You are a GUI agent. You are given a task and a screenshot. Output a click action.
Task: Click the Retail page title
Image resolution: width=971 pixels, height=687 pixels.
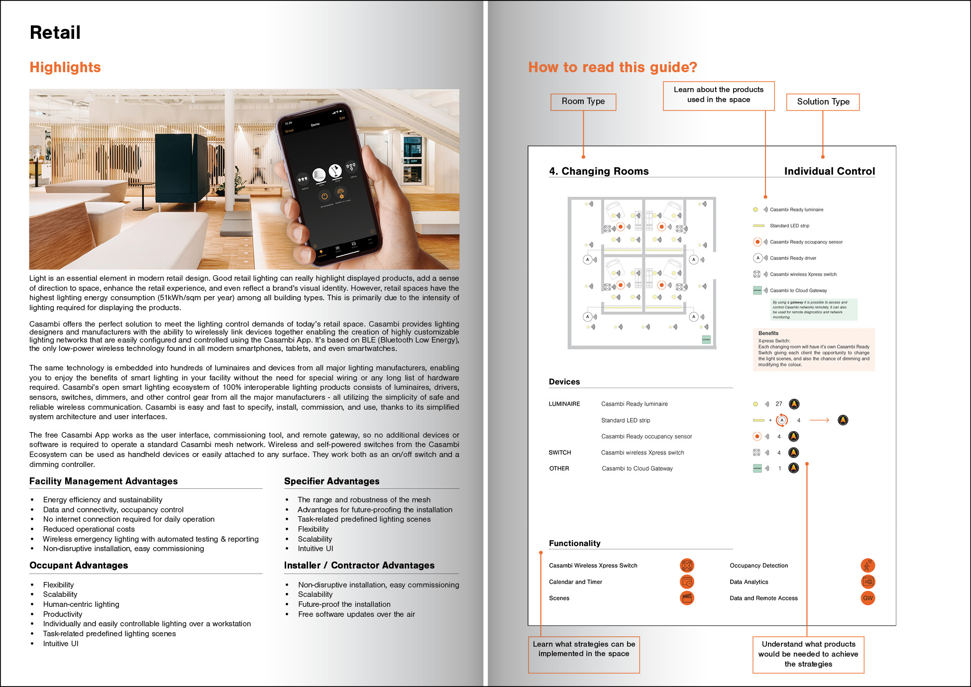tap(55, 33)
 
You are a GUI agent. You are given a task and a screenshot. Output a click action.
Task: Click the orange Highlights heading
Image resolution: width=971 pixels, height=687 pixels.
tap(65, 67)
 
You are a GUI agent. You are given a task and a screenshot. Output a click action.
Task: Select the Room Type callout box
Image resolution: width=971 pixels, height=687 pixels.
tap(583, 102)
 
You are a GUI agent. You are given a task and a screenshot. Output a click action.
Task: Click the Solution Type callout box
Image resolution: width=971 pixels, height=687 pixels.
tap(823, 102)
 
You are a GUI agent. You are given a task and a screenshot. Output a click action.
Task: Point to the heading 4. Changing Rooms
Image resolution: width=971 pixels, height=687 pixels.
tap(599, 171)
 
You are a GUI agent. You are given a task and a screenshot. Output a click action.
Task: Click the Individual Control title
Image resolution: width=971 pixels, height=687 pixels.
tap(829, 171)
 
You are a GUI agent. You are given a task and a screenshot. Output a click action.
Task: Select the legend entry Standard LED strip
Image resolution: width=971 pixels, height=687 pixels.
tap(789, 226)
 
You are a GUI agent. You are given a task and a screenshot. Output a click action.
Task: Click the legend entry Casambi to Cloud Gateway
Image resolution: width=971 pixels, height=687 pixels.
tap(798, 291)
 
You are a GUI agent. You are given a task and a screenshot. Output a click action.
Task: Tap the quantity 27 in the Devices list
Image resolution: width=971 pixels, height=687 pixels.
tap(779, 404)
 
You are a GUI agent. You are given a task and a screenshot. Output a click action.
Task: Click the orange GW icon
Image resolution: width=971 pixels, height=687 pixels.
tap(868, 598)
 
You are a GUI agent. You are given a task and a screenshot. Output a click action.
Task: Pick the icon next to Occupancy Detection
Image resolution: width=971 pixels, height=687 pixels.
tap(868, 566)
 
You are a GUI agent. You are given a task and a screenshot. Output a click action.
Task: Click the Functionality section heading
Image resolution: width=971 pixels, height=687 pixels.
tap(574, 543)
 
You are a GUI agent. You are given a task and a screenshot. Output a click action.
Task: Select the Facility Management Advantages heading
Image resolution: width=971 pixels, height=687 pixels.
tap(104, 481)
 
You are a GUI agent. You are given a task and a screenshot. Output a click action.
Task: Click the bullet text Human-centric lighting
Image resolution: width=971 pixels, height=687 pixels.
tap(81, 604)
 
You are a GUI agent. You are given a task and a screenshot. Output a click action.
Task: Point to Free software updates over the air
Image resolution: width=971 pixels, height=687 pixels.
tap(356, 614)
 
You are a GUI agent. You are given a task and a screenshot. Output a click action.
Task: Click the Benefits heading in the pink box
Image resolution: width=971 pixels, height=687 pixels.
tap(768, 333)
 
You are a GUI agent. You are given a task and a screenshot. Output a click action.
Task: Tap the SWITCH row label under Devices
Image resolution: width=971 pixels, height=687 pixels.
tap(560, 453)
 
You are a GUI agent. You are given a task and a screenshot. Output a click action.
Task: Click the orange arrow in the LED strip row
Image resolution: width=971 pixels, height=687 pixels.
tap(819, 420)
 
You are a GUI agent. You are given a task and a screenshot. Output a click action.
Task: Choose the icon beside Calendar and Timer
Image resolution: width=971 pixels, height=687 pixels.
tap(687, 582)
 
